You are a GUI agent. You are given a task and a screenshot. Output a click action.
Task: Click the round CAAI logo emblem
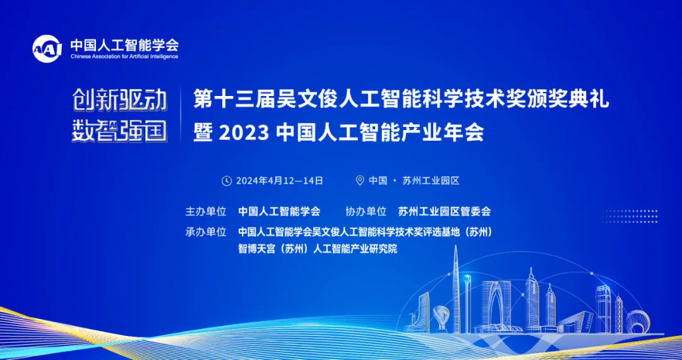point(47,49)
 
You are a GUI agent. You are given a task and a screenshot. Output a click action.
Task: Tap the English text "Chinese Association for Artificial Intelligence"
point(124,56)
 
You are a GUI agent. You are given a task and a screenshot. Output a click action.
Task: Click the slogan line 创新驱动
point(119,101)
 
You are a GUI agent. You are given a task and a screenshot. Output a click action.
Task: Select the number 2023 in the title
point(244,133)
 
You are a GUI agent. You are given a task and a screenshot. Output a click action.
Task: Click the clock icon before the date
point(227,181)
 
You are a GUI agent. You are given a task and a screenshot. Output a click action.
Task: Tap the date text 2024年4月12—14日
point(279,181)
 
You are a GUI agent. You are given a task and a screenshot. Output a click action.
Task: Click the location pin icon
point(360,181)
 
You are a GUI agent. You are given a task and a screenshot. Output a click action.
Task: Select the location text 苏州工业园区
point(431,181)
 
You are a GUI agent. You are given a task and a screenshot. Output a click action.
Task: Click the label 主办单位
point(206,212)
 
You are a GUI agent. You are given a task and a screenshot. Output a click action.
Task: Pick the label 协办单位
point(366,212)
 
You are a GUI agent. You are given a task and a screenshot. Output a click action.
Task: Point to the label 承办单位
point(206,232)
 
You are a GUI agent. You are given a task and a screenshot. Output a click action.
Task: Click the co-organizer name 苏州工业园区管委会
point(445,212)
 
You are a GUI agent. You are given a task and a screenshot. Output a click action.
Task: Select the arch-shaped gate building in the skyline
point(496,304)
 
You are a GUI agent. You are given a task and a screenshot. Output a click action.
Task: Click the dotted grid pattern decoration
point(630,216)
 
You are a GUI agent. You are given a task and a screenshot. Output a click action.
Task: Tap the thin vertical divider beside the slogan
point(181,116)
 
